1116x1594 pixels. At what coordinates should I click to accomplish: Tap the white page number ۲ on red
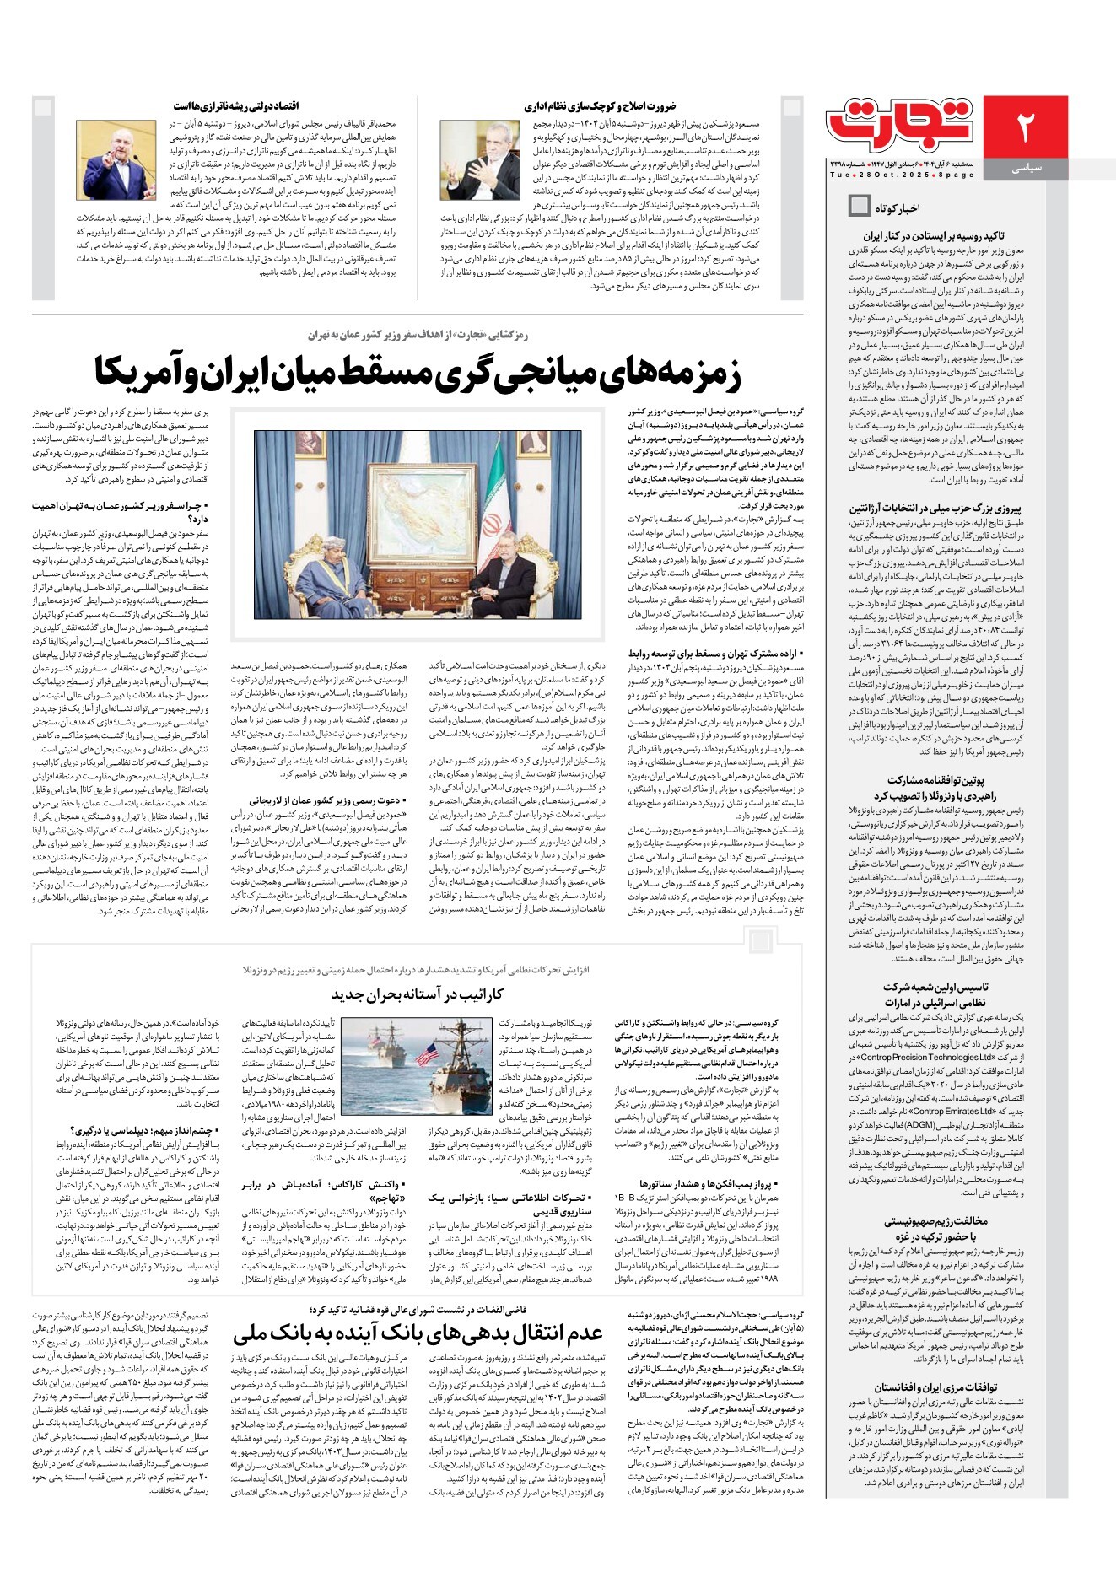pyautogui.click(x=1025, y=127)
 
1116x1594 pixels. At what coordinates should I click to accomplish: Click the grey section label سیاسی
pyautogui.click(x=1026, y=169)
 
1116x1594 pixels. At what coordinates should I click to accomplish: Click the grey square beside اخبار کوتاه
pyautogui.click(x=859, y=205)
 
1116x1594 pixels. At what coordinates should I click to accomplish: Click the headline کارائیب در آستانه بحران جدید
pyautogui.click(x=417, y=994)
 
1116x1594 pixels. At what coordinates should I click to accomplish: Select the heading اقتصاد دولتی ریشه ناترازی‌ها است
pyautogui.click(x=236, y=106)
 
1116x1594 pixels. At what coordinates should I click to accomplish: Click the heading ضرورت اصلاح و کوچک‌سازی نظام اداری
pyautogui.click(x=600, y=106)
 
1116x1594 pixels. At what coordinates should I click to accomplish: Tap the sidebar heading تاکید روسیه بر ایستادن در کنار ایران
pyautogui.click(x=933, y=236)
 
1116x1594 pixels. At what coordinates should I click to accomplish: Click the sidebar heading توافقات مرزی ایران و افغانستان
pyautogui.click(x=935, y=1387)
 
